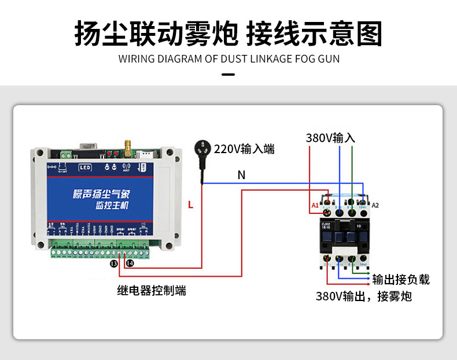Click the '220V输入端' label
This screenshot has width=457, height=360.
pos(244,149)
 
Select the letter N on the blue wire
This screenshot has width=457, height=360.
pos(241,175)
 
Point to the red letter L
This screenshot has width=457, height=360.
pos(190,204)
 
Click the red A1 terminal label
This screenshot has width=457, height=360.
pos(315,205)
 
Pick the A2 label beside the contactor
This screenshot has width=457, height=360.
pos(375,205)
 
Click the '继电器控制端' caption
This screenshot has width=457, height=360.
pos(152,291)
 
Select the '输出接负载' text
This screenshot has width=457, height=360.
pos(401,280)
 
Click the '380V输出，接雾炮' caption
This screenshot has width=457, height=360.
pos(363,297)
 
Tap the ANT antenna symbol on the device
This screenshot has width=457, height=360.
pos(126,168)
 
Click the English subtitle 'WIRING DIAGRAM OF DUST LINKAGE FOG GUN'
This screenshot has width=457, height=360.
pos(228,59)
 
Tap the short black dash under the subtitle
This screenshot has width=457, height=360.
pos(228,75)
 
